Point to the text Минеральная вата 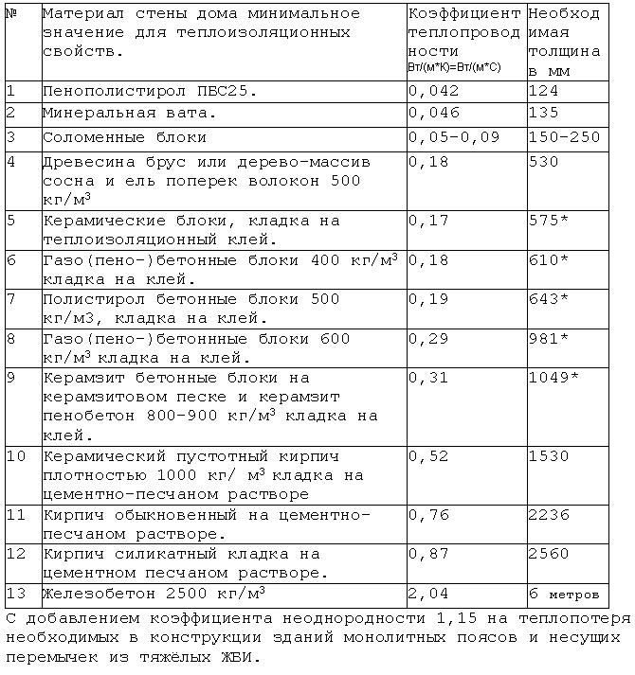pyautogui.click(x=130, y=114)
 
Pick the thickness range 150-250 pyautogui.click(x=565, y=137)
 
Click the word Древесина pyautogui.click(x=83, y=161)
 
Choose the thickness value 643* pyautogui.click(x=549, y=299)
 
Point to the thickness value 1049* pyautogui.click(x=553, y=378)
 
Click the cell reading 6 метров pyautogui.click(x=565, y=595)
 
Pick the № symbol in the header pyautogui.click(x=11, y=14)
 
